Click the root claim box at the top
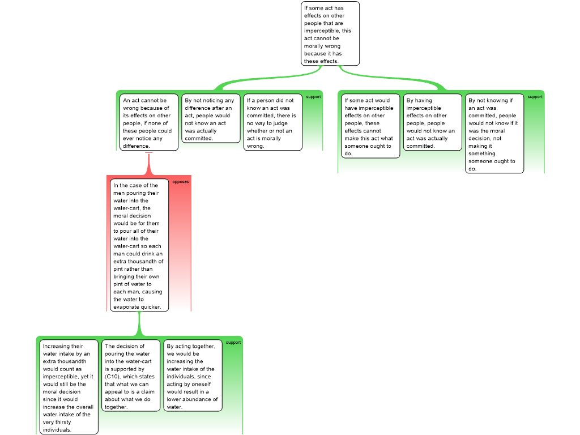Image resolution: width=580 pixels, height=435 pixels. coord(330,33)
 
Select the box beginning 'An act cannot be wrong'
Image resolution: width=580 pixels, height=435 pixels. coord(149,122)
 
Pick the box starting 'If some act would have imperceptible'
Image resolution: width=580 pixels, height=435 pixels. coord(370,126)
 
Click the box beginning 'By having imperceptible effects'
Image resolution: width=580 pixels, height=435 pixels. coord(432,122)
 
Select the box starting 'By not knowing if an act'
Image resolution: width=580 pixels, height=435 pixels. coord(494,134)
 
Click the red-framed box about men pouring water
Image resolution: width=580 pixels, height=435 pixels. coord(139,245)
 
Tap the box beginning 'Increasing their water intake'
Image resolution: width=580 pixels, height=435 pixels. coord(67,387)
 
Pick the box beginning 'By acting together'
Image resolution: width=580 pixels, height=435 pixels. coord(192,376)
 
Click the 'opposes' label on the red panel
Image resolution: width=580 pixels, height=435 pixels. coord(181,182)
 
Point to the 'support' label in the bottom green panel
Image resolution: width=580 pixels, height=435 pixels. coord(233,343)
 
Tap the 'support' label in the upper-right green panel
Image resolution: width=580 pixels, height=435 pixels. coord(535,97)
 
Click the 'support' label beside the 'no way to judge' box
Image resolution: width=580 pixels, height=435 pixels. coord(313,97)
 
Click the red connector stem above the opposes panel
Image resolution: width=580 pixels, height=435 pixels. coord(149,165)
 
